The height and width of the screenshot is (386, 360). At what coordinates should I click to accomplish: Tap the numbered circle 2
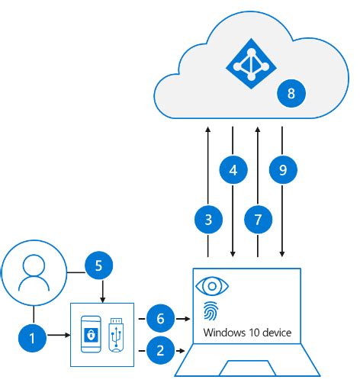pos(159,351)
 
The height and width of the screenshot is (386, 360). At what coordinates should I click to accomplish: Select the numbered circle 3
pos(209,220)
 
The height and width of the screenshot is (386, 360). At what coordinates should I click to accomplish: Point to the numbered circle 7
pos(258,220)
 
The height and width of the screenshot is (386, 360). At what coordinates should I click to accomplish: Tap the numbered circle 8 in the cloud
pos(291,93)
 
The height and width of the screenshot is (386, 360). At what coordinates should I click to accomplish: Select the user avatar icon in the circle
pos(34,273)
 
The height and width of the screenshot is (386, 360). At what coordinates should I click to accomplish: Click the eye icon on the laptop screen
pos(212,286)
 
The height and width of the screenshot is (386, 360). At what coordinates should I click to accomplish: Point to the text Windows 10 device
pos(248,333)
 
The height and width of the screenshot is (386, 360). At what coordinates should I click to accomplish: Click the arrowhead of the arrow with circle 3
pos(209,130)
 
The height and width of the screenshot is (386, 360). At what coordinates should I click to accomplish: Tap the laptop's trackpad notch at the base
pos(248,369)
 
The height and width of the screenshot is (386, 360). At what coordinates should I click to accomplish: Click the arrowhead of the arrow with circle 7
pos(258,130)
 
